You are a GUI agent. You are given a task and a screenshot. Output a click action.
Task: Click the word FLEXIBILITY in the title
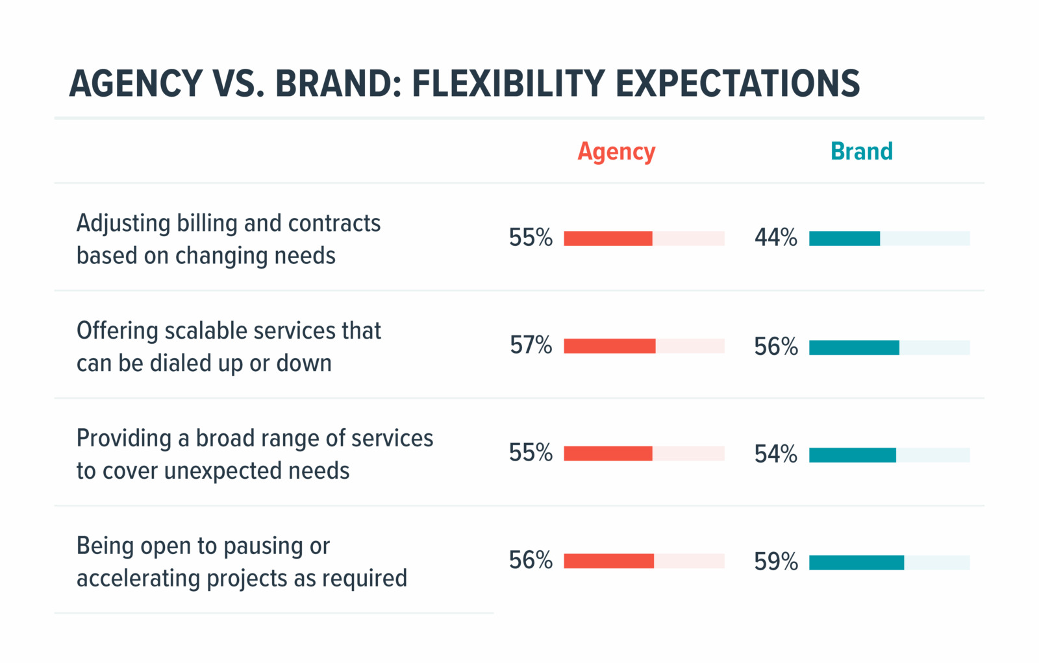[508, 84]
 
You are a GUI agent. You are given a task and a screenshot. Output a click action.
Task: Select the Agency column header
[616, 152]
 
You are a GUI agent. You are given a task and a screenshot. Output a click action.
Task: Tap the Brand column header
[861, 152]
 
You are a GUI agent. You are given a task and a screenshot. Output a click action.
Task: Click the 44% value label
[775, 237]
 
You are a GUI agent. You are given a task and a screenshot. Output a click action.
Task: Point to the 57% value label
[531, 345]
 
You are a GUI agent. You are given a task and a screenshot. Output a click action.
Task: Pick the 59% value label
[775, 561]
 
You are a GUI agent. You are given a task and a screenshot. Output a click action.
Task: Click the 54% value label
[775, 454]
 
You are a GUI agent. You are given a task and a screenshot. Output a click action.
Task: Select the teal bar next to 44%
[844, 239]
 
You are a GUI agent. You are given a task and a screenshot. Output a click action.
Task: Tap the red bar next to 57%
[609, 346]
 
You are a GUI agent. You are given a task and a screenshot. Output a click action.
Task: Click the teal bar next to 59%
[856, 562]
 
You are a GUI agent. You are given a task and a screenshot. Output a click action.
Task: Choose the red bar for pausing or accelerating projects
[608, 561]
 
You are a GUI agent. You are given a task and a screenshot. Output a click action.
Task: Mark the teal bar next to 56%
[854, 348]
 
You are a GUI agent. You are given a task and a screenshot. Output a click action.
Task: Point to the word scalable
[207, 331]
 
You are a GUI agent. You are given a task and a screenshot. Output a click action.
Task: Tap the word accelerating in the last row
[138, 579]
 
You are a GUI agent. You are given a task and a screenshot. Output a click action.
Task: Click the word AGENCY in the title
[136, 84]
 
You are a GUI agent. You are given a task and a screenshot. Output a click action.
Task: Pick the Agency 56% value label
[531, 561]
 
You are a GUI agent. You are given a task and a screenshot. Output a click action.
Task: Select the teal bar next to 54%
[852, 455]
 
